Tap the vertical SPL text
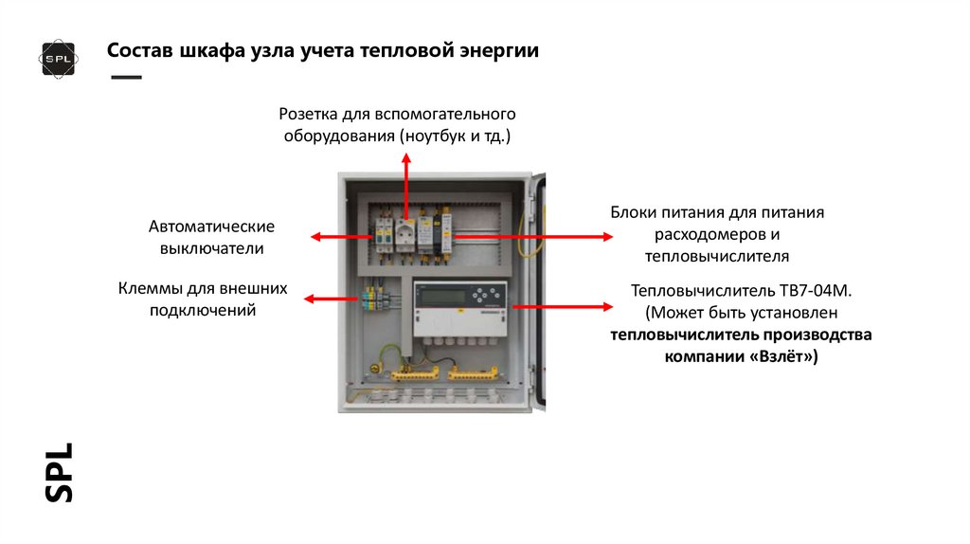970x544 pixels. (x=59, y=471)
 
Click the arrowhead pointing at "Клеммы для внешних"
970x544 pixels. (x=309, y=299)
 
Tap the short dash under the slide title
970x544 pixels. (x=126, y=76)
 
